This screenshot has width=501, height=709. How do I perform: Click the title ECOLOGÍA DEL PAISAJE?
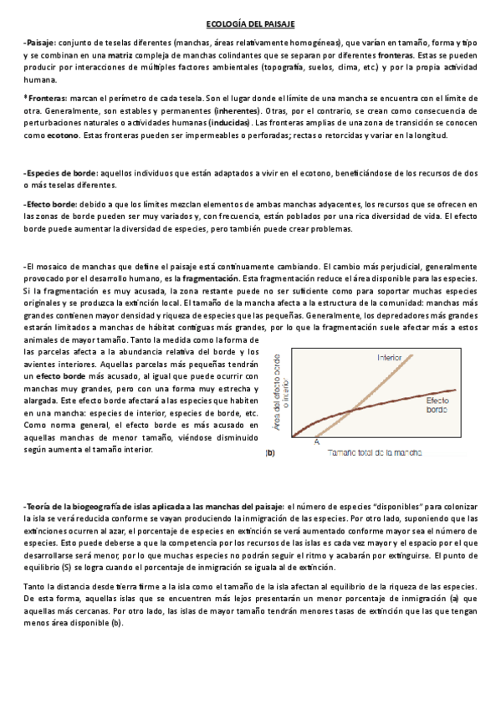pyautogui.click(x=250, y=26)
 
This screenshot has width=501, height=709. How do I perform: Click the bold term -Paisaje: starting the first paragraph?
pyautogui.click(x=39, y=42)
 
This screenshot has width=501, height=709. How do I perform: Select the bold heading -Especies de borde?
pyautogui.click(x=61, y=171)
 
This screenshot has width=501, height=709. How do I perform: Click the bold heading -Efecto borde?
pyautogui.click(x=51, y=204)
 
